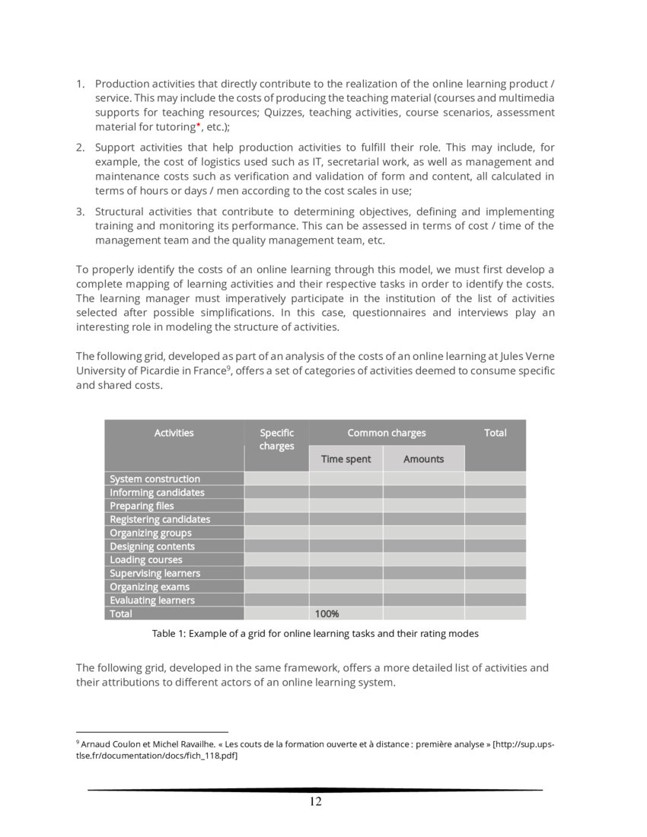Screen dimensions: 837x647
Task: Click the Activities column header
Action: pos(174,433)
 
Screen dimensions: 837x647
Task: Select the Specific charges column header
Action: pos(276,439)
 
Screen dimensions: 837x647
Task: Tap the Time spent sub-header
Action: pos(346,459)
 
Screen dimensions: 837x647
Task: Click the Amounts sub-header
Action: pos(423,459)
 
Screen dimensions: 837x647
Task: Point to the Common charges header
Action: pos(386,433)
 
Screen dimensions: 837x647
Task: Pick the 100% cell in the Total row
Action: pos(327,614)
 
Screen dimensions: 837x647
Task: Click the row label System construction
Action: pos(155,479)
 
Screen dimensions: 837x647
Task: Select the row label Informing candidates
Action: pos(157,492)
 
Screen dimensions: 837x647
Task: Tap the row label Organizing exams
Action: pos(149,587)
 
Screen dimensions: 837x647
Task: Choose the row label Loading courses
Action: pos(145,560)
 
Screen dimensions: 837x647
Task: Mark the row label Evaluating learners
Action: pos(151,600)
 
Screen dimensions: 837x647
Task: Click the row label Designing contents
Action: pos(151,546)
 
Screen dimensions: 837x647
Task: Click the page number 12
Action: pos(315,801)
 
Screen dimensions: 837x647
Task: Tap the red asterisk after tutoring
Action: pos(198,125)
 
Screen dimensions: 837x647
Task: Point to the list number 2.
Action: pos(80,146)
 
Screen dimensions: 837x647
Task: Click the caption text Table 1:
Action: pos(168,633)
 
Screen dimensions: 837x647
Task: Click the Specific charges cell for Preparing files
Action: pos(276,506)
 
